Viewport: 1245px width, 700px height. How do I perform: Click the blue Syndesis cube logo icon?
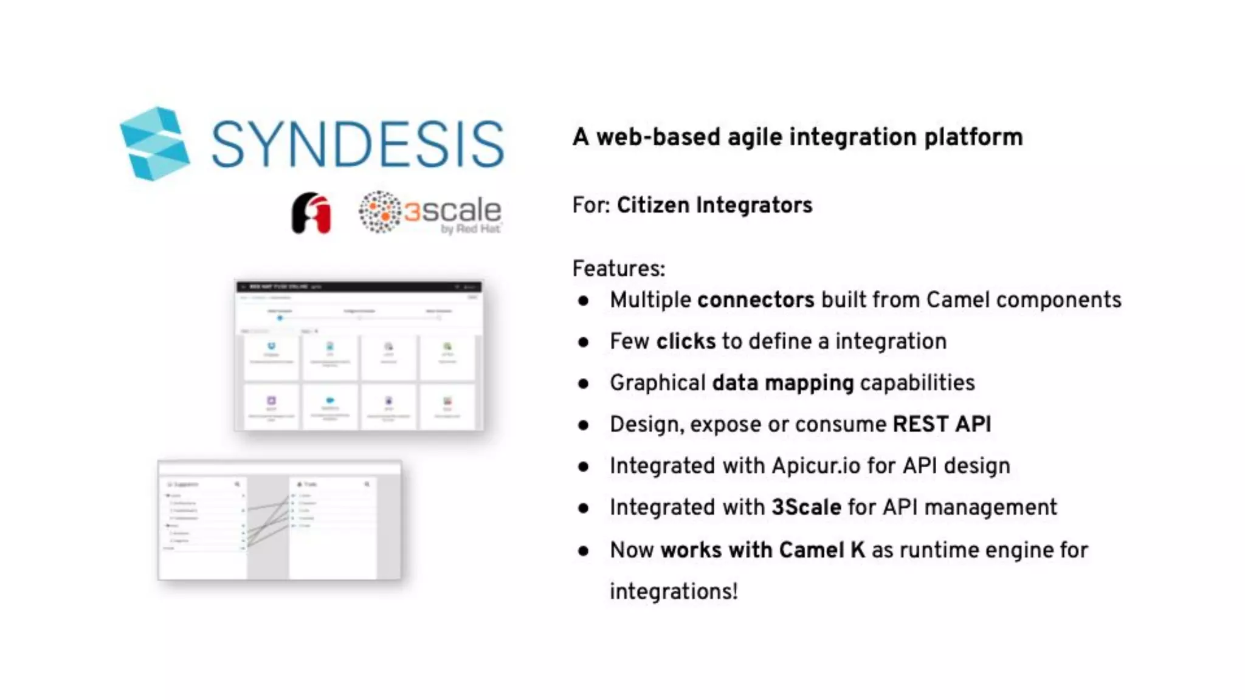[x=154, y=144]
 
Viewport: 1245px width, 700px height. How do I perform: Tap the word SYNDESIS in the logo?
[x=357, y=145]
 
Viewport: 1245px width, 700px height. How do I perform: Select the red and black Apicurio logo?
[x=311, y=213]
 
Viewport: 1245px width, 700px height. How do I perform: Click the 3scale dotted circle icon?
[x=379, y=212]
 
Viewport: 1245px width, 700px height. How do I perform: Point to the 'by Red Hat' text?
[x=471, y=229]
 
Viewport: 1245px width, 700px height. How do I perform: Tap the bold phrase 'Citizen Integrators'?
[x=714, y=205]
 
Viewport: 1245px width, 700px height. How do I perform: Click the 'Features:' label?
[x=619, y=269]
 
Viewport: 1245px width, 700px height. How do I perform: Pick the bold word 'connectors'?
[x=756, y=300]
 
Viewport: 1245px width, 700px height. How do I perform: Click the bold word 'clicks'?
[x=686, y=341]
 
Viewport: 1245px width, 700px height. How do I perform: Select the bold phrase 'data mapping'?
[x=783, y=383]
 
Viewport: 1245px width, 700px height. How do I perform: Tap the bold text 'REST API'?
[x=942, y=424]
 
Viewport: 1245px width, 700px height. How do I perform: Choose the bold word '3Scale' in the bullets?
[x=806, y=507]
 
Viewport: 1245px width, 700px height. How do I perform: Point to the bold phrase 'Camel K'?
[x=822, y=550]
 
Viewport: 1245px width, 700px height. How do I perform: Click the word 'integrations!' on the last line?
[x=674, y=591]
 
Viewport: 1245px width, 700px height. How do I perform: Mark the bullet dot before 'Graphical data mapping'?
[x=584, y=383]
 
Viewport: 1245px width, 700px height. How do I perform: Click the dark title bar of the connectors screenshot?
[x=359, y=286]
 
